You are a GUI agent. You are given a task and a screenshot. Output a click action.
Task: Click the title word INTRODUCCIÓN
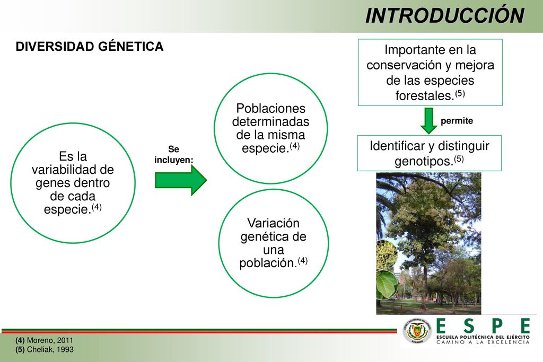click(445, 15)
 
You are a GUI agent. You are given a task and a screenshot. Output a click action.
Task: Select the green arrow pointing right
click(181, 180)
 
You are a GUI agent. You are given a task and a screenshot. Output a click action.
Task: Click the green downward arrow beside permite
click(428, 121)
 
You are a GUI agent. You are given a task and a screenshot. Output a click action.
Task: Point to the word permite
click(457, 121)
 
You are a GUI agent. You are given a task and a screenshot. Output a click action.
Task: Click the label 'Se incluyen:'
click(174, 154)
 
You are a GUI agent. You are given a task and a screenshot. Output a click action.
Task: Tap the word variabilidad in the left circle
click(65, 170)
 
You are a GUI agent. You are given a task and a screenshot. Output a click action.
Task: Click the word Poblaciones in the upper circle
click(271, 108)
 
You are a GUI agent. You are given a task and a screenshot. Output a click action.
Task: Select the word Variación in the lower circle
click(273, 223)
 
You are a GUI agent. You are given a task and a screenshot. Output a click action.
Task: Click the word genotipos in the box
click(424, 161)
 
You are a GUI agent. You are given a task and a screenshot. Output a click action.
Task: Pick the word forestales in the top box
click(425, 95)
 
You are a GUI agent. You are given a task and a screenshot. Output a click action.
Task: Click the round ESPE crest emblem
click(417, 331)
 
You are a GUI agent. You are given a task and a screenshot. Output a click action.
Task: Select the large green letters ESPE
click(483, 326)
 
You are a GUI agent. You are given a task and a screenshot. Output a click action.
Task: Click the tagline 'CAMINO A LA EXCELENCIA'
click(483, 342)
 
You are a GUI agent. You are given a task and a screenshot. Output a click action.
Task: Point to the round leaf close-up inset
click(386, 285)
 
